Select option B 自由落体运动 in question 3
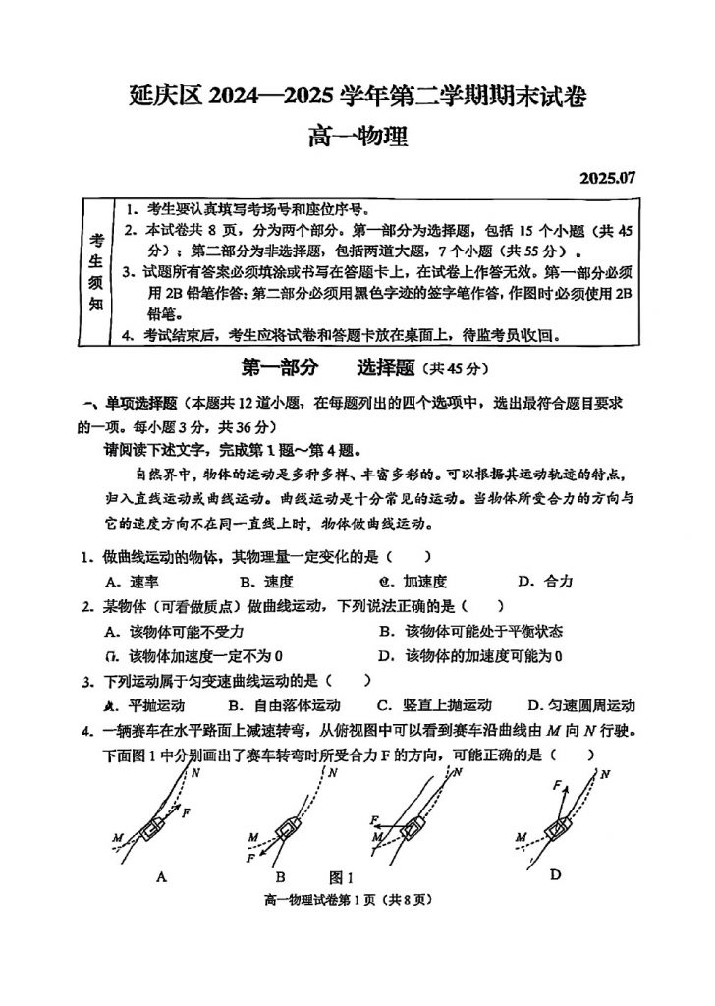click(x=284, y=705)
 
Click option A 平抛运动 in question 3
click(x=143, y=705)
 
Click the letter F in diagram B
click(x=251, y=857)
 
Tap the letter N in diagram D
click(x=605, y=775)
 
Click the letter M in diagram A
click(x=118, y=837)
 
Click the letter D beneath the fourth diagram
click(x=555, y=874)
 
